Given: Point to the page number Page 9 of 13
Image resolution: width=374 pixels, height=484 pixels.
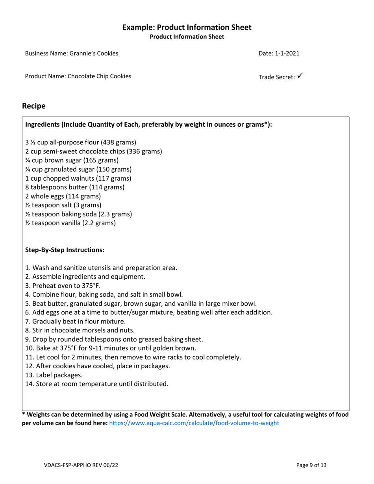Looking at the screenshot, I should coord(311,465).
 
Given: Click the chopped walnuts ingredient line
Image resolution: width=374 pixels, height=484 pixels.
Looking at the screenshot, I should coord(78,178).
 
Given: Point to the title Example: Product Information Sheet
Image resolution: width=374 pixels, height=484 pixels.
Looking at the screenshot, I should coord(187,28).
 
